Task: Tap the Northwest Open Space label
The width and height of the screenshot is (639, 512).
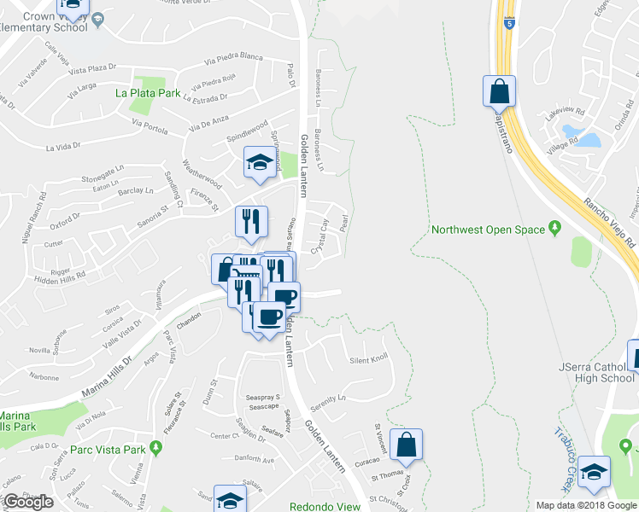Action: [x=487, y=230]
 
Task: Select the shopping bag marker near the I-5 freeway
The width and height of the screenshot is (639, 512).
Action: [x=499, y=91]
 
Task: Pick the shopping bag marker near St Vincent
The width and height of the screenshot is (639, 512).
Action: [x=406, y=444]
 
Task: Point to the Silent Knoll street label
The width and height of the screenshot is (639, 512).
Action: [x=369, y=360]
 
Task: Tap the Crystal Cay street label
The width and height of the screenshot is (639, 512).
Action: [x=320, y=237]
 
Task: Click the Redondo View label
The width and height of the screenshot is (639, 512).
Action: [x=325, y=506]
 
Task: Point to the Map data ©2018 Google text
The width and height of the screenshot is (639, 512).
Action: [x=586, y=505]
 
